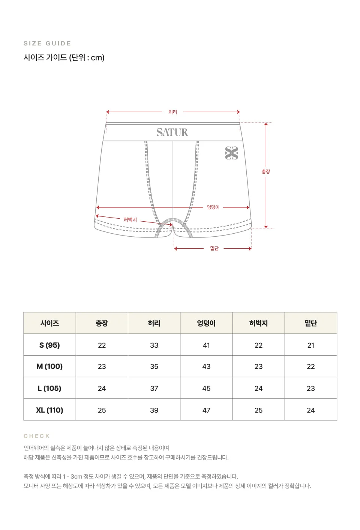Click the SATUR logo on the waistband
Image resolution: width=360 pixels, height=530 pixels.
(x=172, y=132)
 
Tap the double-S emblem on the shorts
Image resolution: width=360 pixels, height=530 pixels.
(x=231, y=153)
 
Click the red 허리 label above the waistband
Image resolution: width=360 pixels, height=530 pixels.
(x=172, y=112)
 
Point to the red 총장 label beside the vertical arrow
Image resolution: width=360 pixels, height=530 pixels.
(x=265, y=171)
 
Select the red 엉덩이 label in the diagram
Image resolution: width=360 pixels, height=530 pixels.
(x=213, y=207)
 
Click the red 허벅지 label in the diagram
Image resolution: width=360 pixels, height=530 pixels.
(x=130, y=220)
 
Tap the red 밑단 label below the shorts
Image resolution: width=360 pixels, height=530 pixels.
(x=214, y=248)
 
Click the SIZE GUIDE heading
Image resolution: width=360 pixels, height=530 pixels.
(x=47, y=43)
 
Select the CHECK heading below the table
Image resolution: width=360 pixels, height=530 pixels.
(x=37, y=436)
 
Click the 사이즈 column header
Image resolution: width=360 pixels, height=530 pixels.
(x=49, y=323)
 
